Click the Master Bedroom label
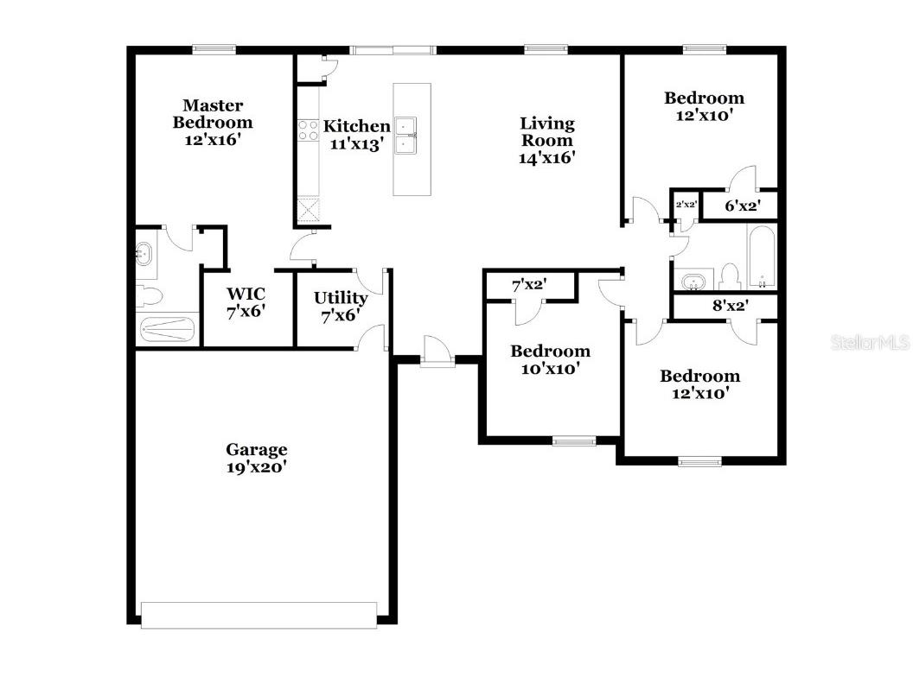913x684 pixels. (x=212, y=122)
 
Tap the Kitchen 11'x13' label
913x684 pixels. (x=356, y=135)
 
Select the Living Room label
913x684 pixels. (x=546, y=140)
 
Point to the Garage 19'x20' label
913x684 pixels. (x=256, y=458)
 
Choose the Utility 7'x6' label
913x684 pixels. (x=340, y=307)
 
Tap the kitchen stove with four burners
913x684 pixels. (x=309, y=130)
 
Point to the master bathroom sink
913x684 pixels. (x=146, y=254)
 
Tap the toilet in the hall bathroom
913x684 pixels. (x=729, y=277)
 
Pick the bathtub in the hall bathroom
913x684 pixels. (x=763, y=257)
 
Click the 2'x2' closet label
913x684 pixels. (x=686, y=205)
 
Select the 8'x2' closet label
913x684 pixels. (x=730, y=305)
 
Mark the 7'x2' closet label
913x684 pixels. (x=529, y=283)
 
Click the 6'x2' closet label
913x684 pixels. (x=740, y=206)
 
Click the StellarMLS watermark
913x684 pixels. (x=870, y=343)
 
